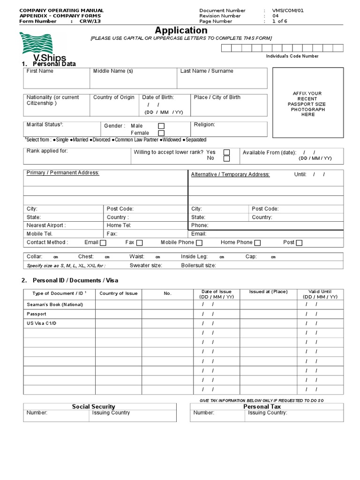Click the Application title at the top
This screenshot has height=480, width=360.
pos(181,30)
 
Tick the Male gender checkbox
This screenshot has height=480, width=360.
pos(161,126)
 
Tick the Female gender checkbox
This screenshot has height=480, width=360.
pos(161,133)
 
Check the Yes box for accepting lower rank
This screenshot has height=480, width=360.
pos(226,152)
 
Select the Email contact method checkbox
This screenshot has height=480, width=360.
pos(103,243)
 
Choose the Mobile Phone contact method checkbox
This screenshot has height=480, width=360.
pos(199,243)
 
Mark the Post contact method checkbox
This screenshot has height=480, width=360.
pos(299,243)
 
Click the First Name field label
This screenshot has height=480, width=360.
pos(40,71)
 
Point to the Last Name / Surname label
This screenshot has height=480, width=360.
pos(207,71)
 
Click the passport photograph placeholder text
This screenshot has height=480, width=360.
pos(307,104)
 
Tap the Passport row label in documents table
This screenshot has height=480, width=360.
pos(37,314)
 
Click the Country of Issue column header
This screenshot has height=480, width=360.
pos(119,293)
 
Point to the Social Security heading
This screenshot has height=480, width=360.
pos(93,406)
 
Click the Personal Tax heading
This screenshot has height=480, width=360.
pos(262,406)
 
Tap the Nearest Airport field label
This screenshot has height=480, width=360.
pos(46,225)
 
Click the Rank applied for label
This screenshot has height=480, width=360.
pos(47,151)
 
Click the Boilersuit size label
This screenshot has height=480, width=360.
pos(198,265)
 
